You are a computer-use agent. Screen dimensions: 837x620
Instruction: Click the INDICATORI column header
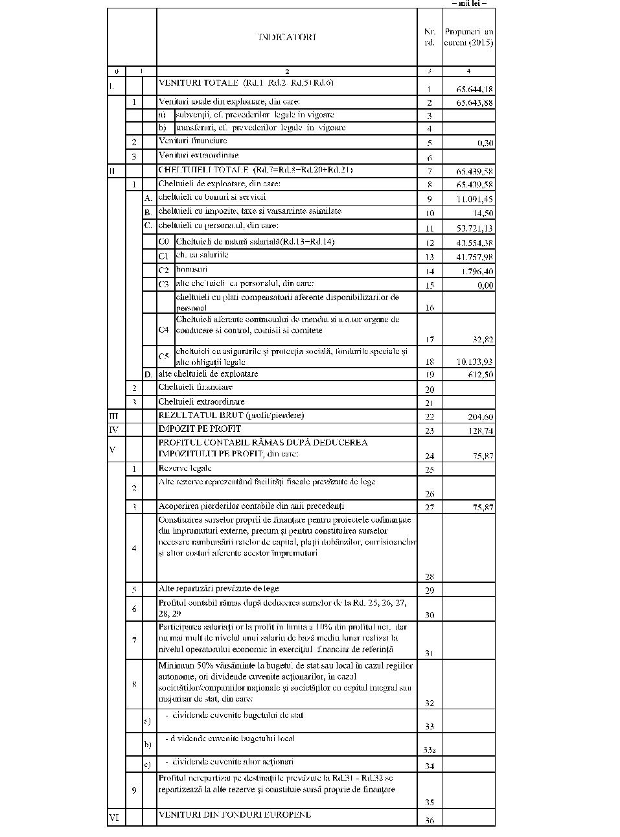287,37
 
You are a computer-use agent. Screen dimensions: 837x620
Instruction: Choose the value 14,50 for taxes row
483,213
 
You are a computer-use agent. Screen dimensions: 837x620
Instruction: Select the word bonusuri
192,269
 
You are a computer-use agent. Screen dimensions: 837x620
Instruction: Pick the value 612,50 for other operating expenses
480,375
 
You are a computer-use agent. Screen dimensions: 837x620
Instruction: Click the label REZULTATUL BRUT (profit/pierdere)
231,415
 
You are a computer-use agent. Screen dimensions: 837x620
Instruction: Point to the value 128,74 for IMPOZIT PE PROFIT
480,430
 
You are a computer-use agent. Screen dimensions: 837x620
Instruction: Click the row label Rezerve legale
185,468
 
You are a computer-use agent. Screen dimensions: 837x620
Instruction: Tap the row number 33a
429,750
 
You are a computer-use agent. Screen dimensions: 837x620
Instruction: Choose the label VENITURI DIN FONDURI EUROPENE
235,814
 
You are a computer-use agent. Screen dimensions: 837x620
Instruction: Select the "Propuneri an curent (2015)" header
468,37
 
